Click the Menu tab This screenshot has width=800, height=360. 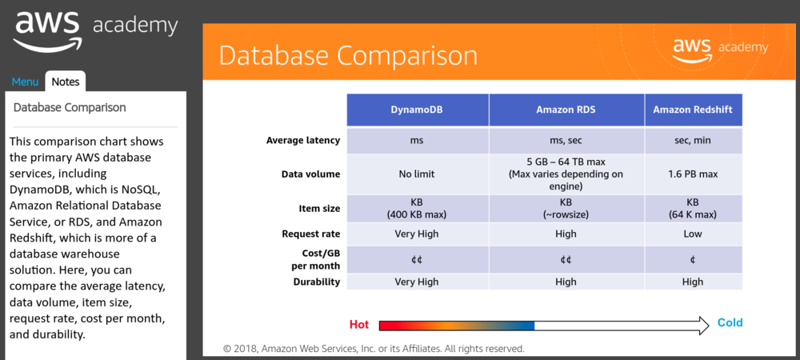(x=25, y=82)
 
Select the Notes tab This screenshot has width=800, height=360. (x=65, y=82)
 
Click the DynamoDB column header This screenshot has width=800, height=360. (x=418, y=110)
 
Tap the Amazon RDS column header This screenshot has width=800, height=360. (x=566, y=110)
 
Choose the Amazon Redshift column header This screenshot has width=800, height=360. (x=693, y=110)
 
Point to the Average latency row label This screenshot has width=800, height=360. (x=302, y=141)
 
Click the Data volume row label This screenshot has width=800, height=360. (x=310, y=174)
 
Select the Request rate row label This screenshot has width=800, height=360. (x=310, y=234)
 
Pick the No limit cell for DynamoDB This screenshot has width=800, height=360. (x=418, y=174)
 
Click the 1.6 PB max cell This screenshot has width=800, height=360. (x=693, y=174)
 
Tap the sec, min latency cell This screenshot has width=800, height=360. (x=693, y=141)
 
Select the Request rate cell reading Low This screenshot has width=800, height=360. (x=693, y=234)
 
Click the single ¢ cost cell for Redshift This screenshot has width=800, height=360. (x=693, y=259)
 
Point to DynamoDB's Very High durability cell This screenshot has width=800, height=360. (x=418, y=282)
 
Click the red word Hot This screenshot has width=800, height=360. (x=359, y=325)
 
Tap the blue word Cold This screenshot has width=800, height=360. (x=730, y=323)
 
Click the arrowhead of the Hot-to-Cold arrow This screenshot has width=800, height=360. (x=702, y=325)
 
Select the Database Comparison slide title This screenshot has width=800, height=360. (x=348, y=55)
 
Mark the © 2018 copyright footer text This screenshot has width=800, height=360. (x=374, y=349)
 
